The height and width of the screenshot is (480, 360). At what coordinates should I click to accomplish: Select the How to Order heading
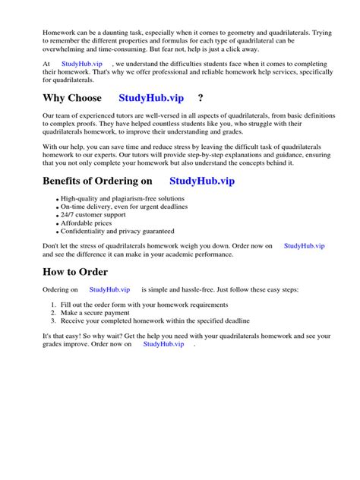point(75,272)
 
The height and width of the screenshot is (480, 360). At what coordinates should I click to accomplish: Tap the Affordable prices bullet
point(86,223)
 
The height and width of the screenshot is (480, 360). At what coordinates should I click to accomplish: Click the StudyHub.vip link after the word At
point(82,65)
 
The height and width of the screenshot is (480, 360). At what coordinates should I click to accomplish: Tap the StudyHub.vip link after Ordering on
point(109,290)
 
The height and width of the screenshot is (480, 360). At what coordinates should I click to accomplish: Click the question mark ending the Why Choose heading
point(200,98)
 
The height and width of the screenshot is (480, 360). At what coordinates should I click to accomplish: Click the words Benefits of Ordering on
point(102,180)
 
